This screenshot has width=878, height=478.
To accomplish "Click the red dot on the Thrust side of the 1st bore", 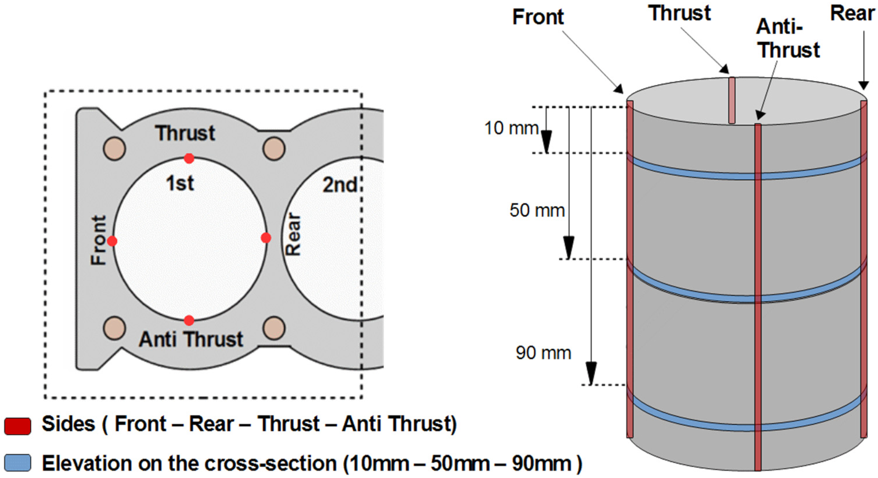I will (x=189, y=158).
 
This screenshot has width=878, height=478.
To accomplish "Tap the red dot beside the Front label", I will (x=112, y=241).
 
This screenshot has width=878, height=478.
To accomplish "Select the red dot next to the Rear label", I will (x=266, y=238).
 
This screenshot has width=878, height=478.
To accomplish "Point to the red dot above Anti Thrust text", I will (x=189, y=320).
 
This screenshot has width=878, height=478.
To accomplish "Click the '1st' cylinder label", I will (x=180, y=183).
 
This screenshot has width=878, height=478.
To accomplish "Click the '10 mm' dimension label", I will (x=511, y=129).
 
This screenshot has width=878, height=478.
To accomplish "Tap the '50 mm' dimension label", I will (x=537, y=210).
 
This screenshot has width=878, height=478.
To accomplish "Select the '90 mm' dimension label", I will (x=543, y=353).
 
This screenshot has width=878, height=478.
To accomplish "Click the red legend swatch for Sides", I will (x=18, y=426).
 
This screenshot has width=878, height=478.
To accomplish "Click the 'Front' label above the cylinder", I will (x=538, y=17).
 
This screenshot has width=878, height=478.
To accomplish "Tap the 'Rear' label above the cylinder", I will (x=852, y=14).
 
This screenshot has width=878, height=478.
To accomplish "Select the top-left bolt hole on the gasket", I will (x=114, y=149).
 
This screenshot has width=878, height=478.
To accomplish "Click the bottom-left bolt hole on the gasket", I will (x=114, y=328).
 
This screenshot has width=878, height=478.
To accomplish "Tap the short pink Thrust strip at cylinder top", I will (x=731, y=100).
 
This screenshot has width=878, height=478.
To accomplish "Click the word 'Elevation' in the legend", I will (x=85, y=463).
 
